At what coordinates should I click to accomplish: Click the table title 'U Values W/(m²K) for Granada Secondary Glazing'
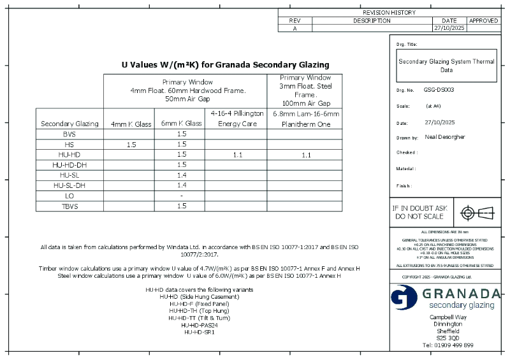[x=225, y=64]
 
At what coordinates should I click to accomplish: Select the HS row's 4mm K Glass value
[x=131, y=145]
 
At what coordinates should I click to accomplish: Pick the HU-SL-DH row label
[x=69, y=185]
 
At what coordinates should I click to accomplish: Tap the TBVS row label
[x=69, y=206]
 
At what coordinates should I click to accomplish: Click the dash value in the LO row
[x=182, y=196]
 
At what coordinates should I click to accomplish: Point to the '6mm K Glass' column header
[x=182, y=124]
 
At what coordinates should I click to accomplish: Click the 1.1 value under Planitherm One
[x=306, y=155]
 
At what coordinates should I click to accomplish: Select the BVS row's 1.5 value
[x=182, y=134]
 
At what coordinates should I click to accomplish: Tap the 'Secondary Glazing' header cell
[x=69, y=124]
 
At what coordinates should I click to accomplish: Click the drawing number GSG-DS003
[x=439, y=90]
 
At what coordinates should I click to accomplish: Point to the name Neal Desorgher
[x=444, y=137]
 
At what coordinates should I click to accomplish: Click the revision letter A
[x=295, y=29]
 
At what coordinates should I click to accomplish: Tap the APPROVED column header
[x=483, y=20]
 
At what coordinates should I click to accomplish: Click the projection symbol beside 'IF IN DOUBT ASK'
[x=477, y=212]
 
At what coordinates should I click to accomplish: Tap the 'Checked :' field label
[x=407, y=153]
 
